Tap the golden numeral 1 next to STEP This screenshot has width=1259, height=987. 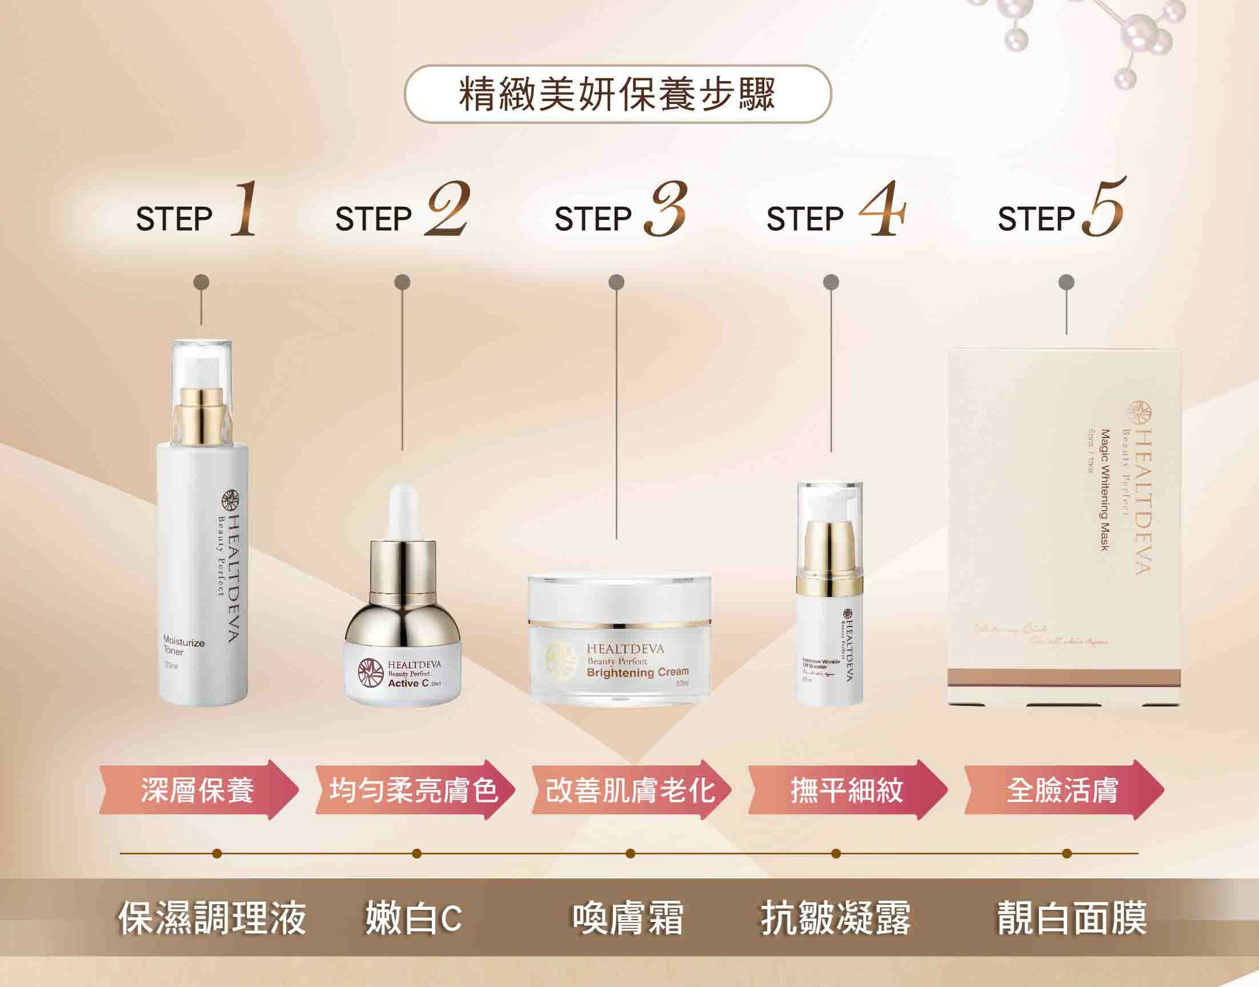pos(243,209)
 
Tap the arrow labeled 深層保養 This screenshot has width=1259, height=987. pos(198,790)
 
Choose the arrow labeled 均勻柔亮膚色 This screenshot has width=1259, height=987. pos(414,790)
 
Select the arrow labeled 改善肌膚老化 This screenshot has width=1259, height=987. pos(630,790)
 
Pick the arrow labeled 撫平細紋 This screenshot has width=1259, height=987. pos(847,790)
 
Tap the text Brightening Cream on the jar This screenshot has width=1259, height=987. pos(637,672)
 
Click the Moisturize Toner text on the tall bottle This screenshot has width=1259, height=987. pos(183,647)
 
